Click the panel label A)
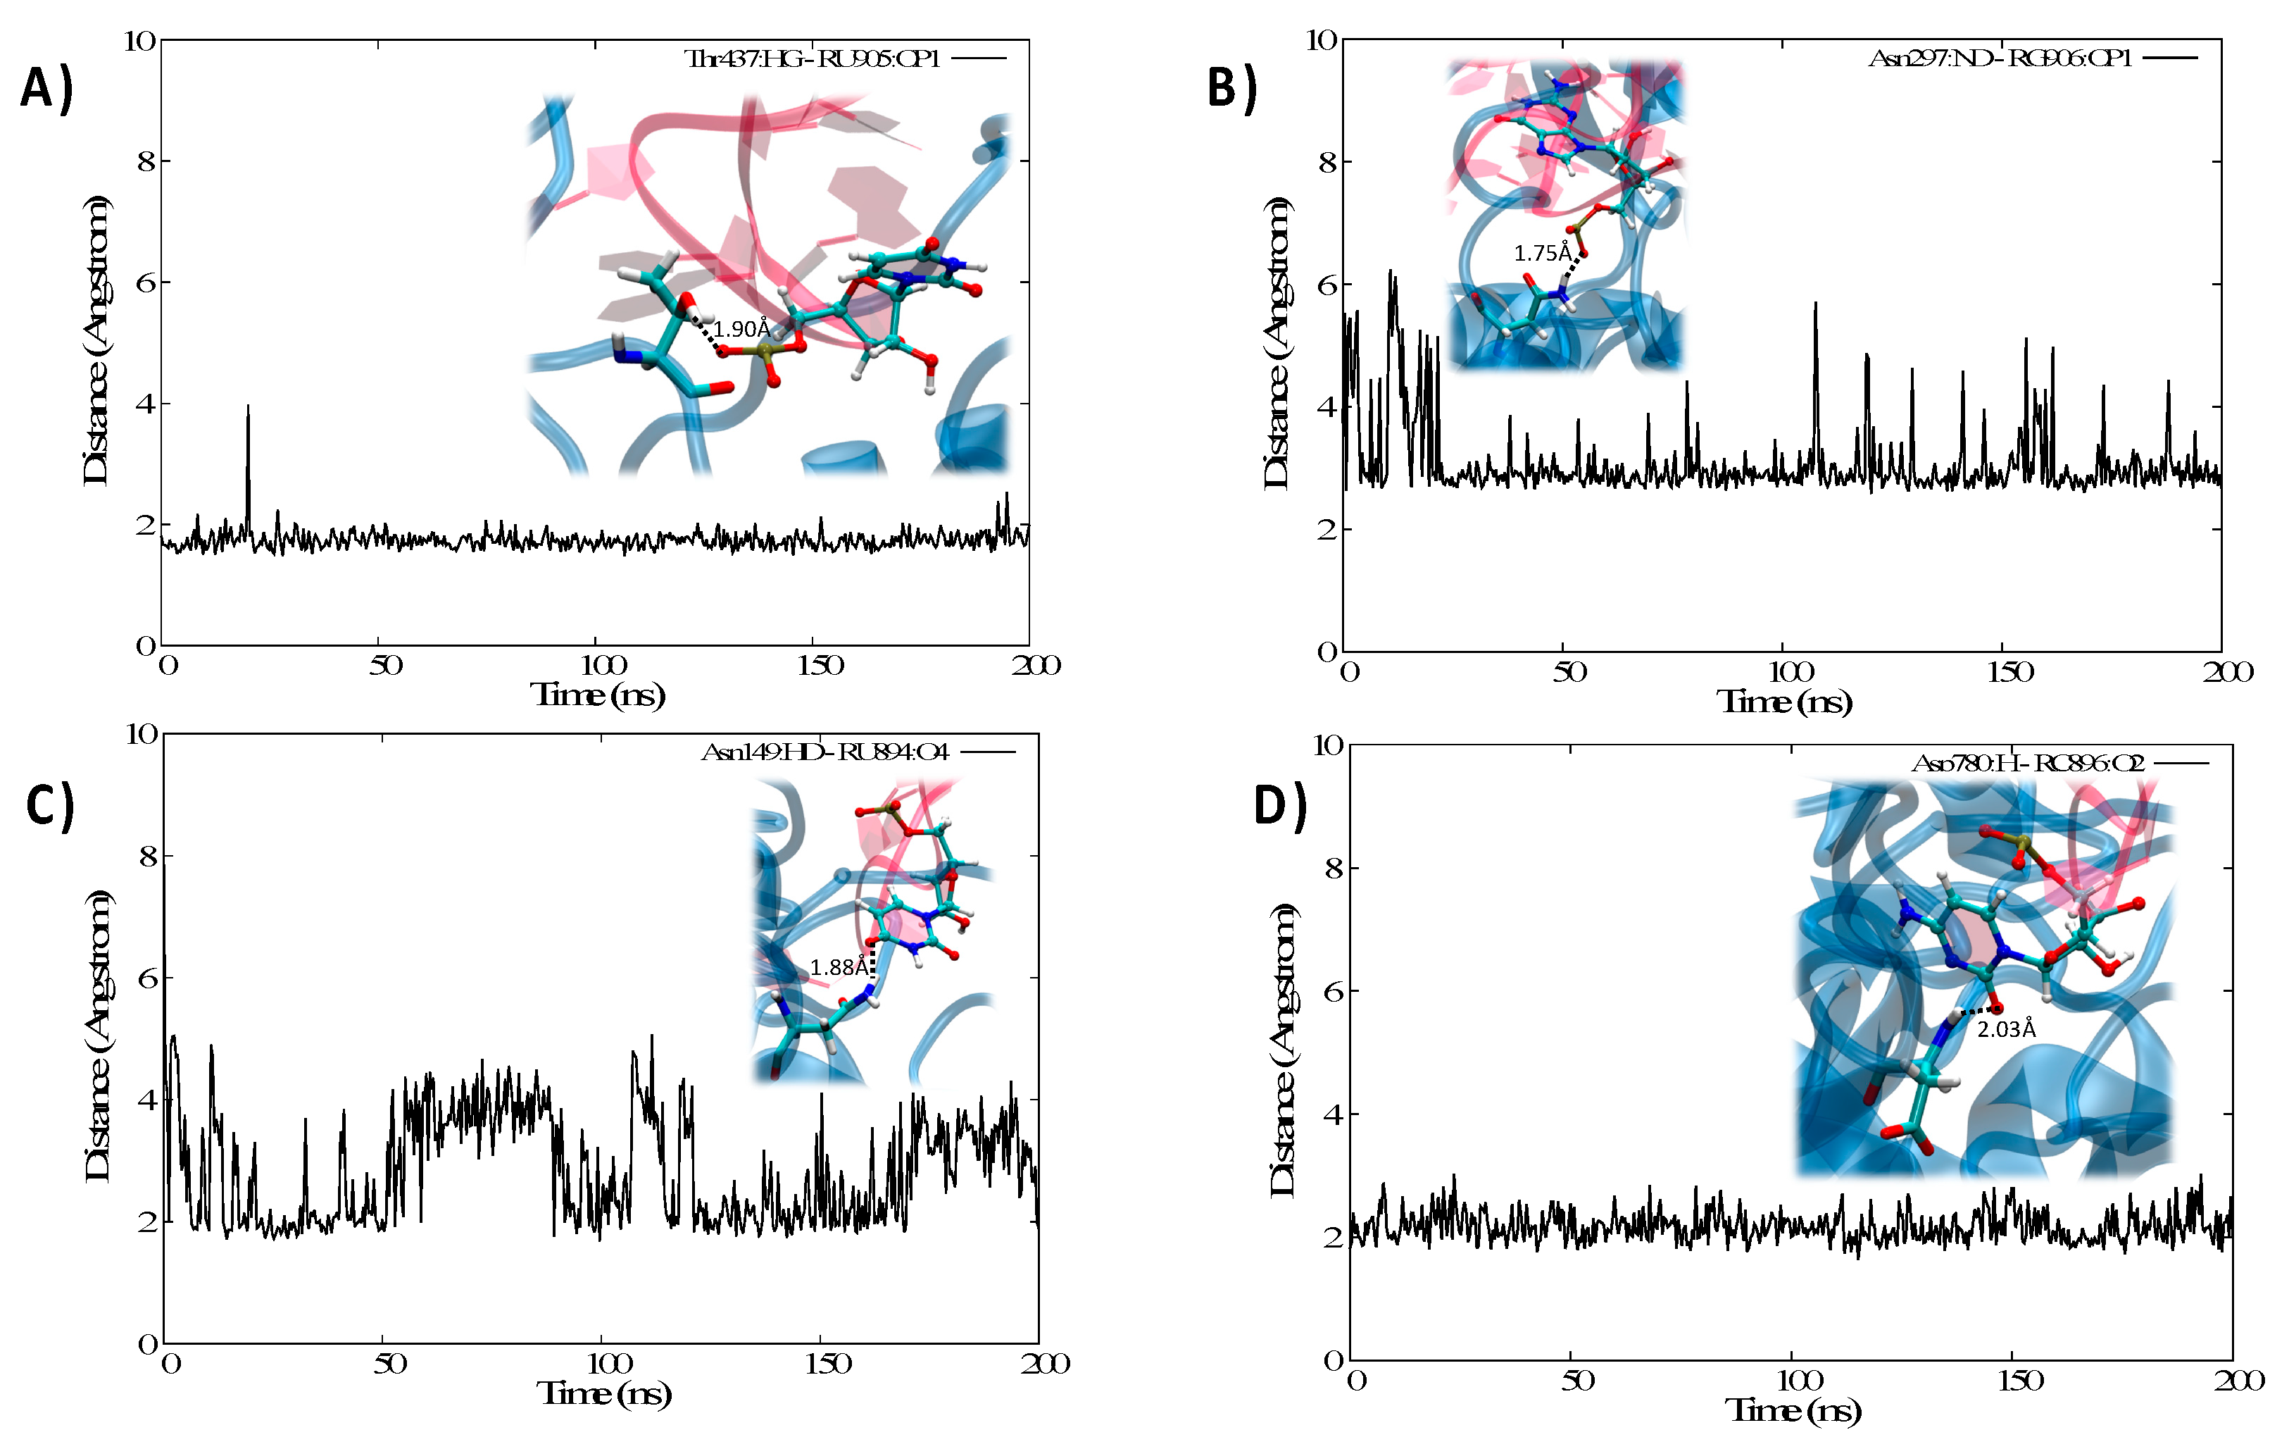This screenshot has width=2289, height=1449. pos(46,90)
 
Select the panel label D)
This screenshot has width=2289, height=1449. pos(1279,805)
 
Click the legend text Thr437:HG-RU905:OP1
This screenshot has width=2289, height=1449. pos(813,59)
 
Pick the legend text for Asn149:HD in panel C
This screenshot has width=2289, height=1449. pos(824,752)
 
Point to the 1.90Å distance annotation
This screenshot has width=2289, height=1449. pos(741,329)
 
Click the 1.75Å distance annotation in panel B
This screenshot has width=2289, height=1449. pos(1542,253)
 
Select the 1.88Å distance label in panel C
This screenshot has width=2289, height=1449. pos(839,967)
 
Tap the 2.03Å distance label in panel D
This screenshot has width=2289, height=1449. pos(2006,1028)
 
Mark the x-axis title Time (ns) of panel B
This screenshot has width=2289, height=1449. pos(1784,702)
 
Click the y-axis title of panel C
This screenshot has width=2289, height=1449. pos(98,1036)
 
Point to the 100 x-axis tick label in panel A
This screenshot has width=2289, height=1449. pos(603,666)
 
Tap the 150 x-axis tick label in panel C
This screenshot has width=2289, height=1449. pos(827,1364)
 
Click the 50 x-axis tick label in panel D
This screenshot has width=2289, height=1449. pos(1578,1381)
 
